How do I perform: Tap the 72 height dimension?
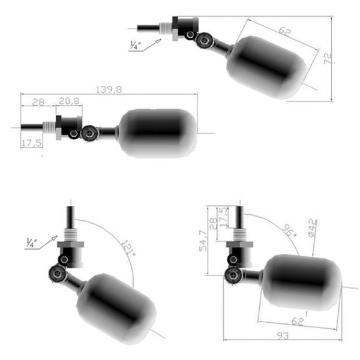(x=343, y=59)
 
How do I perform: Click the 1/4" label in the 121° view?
(x=32, y=243)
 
